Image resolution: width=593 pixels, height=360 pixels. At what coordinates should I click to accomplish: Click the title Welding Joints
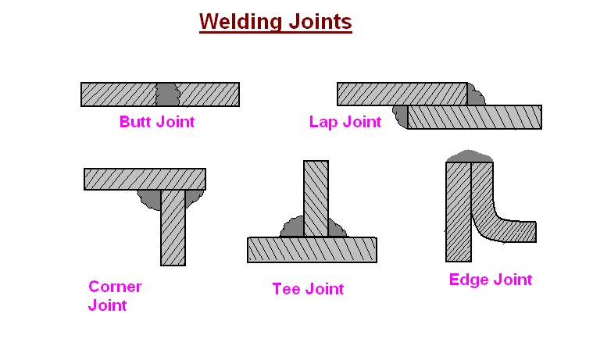point(275,22)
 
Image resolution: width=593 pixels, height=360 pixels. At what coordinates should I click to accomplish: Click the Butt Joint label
point(156,122)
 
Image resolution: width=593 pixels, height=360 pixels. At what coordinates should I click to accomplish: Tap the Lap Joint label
point(345,122)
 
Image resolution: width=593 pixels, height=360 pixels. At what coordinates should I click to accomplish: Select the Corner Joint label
point(114,295)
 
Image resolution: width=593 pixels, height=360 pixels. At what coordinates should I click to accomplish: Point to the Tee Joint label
point(307,289)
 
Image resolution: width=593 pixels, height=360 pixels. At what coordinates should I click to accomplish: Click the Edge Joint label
point(490,280)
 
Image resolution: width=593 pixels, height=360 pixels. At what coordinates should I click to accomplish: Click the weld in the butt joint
point(166,94)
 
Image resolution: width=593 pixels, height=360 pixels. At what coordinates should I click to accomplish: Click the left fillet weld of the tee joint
point(293,228)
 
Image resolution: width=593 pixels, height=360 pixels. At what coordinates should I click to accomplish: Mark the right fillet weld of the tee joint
point(337,228)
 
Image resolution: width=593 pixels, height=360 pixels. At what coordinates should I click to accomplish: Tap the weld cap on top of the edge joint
point(469,156)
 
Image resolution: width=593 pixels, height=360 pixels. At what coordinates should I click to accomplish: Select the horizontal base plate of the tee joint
point(312,249)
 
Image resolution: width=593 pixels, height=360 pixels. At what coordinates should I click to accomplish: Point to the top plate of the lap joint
point(402,94)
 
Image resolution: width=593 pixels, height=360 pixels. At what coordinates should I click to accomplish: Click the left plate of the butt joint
point(118,94)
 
